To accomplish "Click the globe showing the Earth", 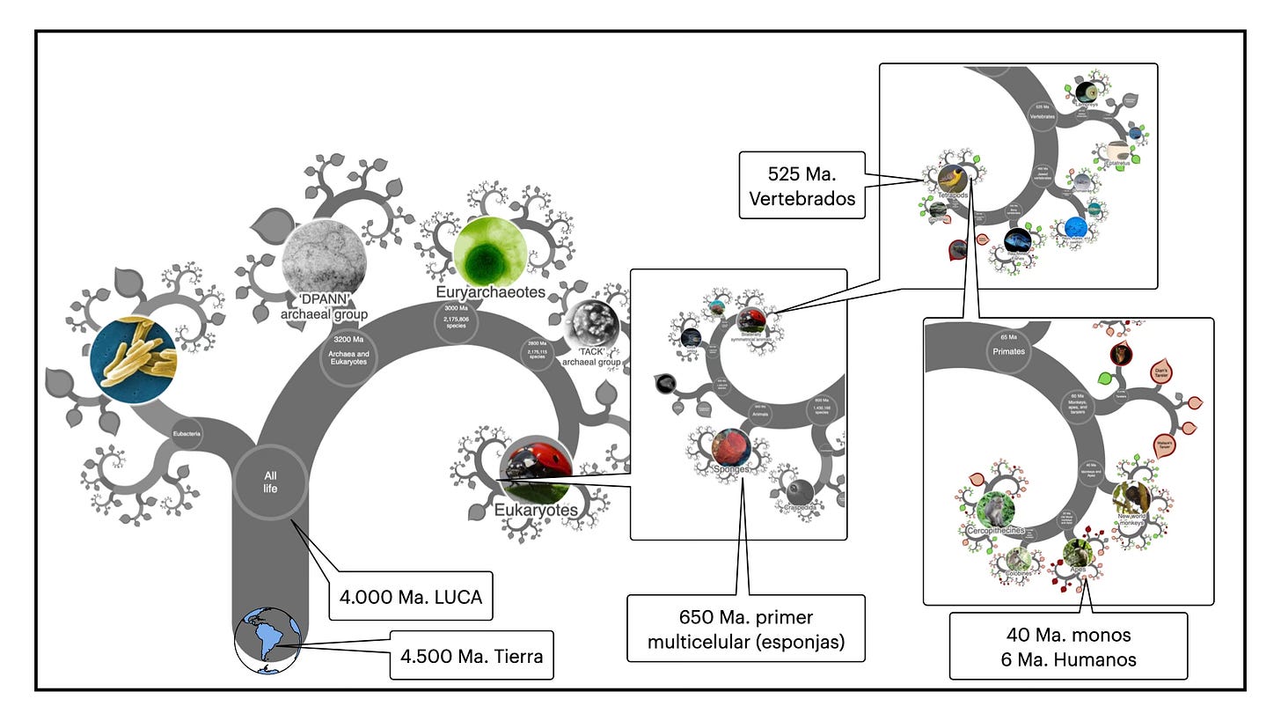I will (x=267, y=641).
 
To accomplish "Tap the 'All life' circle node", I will (x=270, y=482).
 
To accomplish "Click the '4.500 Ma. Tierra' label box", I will (x=472, y=654).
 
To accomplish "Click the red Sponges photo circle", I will (x=731, y=448).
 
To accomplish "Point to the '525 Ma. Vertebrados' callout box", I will (x=802, y=186).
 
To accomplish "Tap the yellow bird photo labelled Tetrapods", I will (x=952, y=180).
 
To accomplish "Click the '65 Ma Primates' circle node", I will (x=1008, y=345).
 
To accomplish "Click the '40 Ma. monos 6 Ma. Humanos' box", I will (x=1068, y=646).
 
